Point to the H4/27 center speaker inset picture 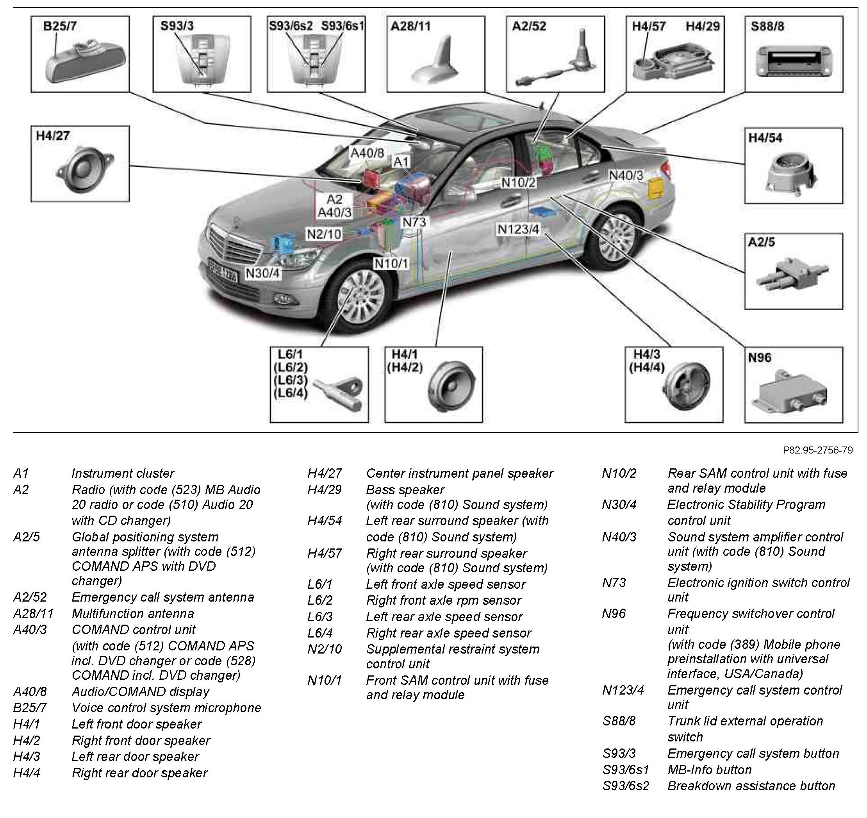tap(84, 171)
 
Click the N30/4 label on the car tap(263, 273)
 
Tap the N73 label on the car tap(414, 222)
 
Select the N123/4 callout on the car tap(518, 229)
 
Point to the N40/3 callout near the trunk tap(626, 175)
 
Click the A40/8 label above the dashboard tap(367, 153)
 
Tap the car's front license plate tap(223, 270)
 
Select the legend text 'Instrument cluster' tap(123, 473)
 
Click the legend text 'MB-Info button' tap(709, 770)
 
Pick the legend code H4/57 tap(325, 554)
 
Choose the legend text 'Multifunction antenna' tap(132, 613)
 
